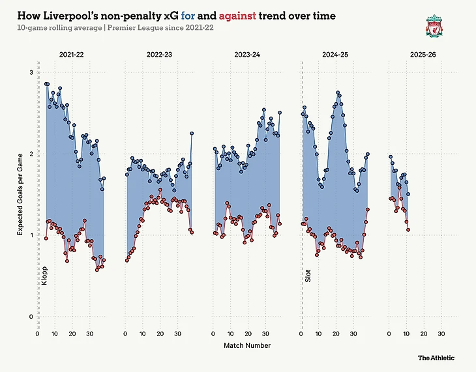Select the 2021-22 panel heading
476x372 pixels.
(x=71, y=56)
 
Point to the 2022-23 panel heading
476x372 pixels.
(x=159, y=56)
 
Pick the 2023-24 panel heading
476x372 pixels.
(x=246, y=56)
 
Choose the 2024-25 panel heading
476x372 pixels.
(x=335, y=56)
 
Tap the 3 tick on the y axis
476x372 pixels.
(x=29, y=72)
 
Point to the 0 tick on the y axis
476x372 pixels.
(x=29, y=317)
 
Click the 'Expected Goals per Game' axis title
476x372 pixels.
(x=20, y=195)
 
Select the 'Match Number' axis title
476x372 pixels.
(x=247, y=345)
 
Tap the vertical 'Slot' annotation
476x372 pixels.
(x=308, y=276)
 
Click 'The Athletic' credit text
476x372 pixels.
(x=436, y=358)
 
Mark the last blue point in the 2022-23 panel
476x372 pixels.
(x=192, y=133)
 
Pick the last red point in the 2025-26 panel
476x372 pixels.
(x=408, y=229)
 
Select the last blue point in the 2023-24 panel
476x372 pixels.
(x=280, y=112)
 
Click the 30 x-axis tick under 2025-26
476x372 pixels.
(x=441, y=334)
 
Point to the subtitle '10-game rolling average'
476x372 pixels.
(x=60, y=28)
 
